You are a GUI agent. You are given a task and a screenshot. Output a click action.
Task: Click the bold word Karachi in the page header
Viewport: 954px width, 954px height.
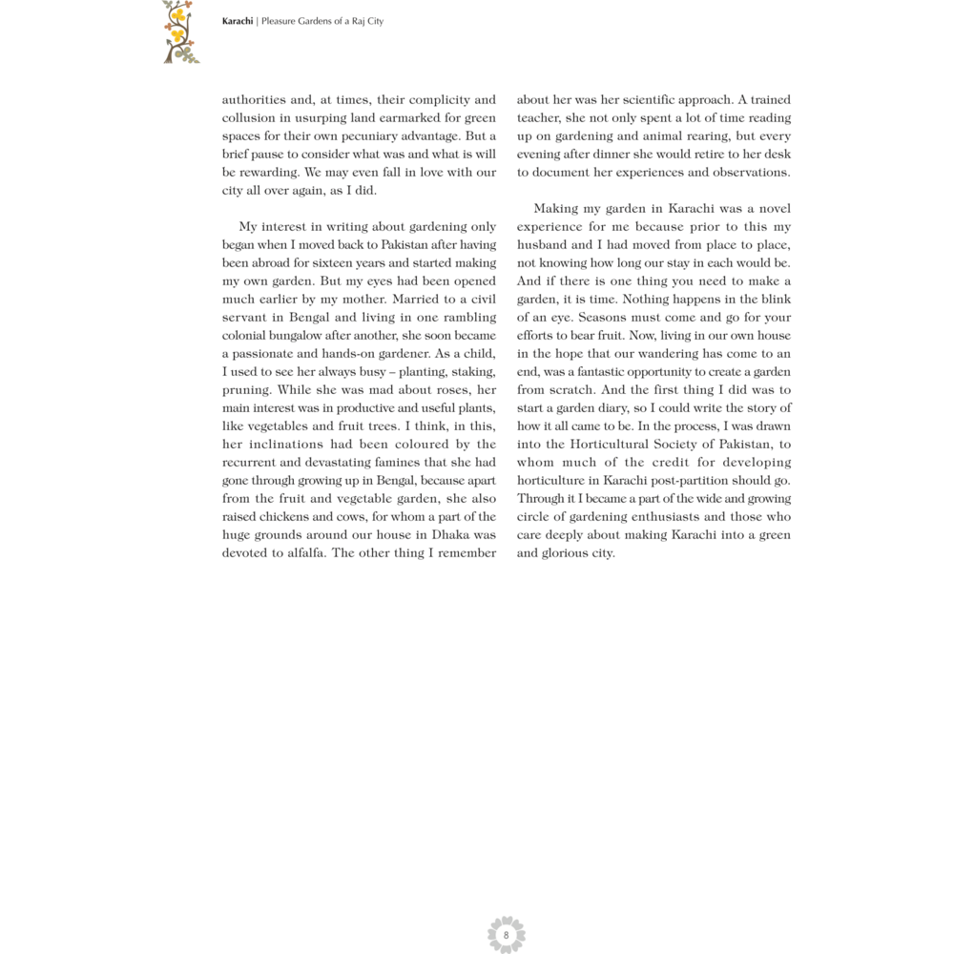coord(238,21)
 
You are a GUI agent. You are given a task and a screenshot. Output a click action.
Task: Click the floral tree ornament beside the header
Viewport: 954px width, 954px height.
coord(179,31)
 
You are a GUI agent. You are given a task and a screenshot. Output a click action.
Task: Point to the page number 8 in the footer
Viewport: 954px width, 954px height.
coord(506,935)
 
